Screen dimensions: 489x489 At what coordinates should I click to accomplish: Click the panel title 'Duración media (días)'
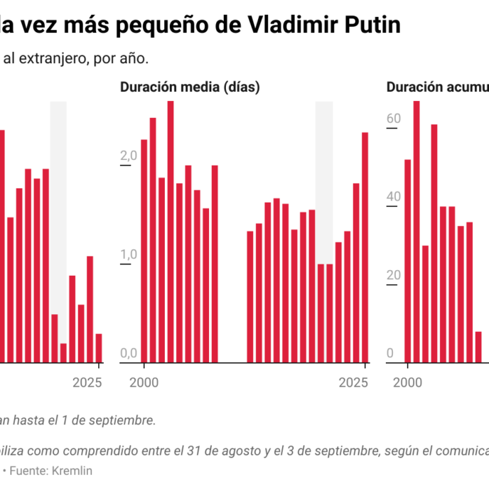pyautogui.click(x=190, y=87)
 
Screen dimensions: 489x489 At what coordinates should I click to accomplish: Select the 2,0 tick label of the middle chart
pyautogui.click(x=129, y=156)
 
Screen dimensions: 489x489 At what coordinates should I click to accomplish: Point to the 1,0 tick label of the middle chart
pyautogui.click(x=129, y=254)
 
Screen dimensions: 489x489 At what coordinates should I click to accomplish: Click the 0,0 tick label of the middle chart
pyautogui.click(x=129, y=353)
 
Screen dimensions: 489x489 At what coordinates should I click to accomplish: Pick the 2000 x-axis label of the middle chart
pyautogui.click(x=144, y=382)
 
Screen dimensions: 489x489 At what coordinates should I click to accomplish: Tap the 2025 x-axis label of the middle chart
pyautogui.click(x=353, y=382)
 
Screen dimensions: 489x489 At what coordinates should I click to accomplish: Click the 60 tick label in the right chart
pyautogui.click(x=394, y=118)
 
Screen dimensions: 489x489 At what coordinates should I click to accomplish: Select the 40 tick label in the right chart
pyautogui.click(x=394, y=197)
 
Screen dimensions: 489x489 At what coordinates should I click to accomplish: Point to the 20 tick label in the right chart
pyautogui.click(x=394, y=276)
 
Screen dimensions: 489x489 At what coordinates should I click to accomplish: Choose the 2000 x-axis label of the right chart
pyautogui.click(x=408, y=382)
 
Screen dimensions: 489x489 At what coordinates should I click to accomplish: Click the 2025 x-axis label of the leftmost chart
pyautogui.click(x=88, y=382)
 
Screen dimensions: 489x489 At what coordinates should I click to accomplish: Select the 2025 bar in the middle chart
pyautogui.click(x=365, y=247)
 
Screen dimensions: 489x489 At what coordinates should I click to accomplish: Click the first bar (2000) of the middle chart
pyautogui.click(x=144, y=251)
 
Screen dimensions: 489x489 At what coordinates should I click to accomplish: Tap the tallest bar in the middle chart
pyautogui.click(x=171, y=232)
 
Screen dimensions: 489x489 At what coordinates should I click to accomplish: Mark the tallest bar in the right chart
pyautogui.click(x=417, y=232)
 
